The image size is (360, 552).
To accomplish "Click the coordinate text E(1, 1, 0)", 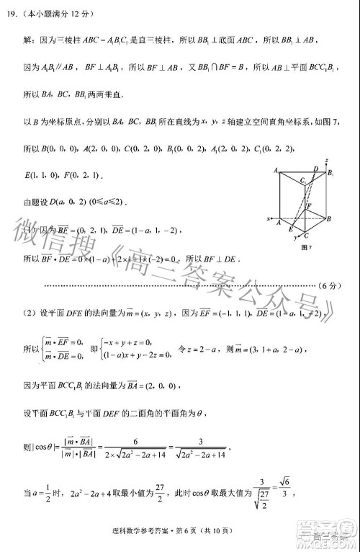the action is pos(43,175).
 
